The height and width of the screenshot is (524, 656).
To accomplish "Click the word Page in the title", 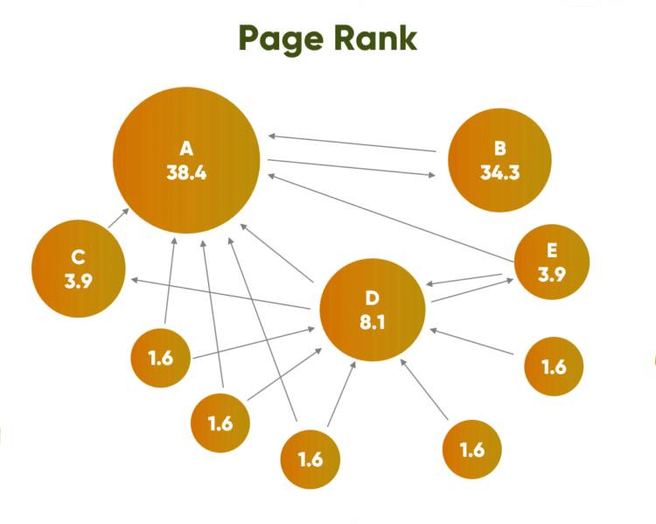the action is (x=281, y=38).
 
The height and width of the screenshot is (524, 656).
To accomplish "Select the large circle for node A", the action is (x=186, y=160).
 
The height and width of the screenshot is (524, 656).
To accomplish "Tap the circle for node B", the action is (x=499, y=160).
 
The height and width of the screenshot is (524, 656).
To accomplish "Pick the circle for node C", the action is (x=79, y=269).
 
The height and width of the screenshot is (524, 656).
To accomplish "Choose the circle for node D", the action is (x=373, y=311).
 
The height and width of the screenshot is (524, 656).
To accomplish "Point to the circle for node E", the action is (x=552, y=262).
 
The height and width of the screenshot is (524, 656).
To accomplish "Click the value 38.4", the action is (x=186, y=172).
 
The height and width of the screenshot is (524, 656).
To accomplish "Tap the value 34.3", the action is (x=500, y=172).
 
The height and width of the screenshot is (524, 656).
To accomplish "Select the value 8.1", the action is (x=373, y=323).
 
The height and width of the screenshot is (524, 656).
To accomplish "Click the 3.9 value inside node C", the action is (x=79, y=281).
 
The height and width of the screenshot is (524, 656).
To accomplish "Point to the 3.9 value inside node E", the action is (x=552, y=275).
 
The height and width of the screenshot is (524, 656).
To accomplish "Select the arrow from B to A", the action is (x=352, y=143).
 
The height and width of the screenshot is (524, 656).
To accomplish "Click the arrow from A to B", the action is (x=352, y=168).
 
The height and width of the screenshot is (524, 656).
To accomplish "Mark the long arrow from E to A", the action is (x=391, y=218).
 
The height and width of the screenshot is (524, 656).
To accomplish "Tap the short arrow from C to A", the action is (x=119, y=218).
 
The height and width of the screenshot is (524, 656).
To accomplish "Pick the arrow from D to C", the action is (x=220, y=294).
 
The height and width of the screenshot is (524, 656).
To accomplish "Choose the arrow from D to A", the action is (x=277, y=253).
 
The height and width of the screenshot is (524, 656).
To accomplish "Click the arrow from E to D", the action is (x=464, y=279).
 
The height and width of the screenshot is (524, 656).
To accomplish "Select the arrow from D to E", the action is (x=472, y=290).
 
